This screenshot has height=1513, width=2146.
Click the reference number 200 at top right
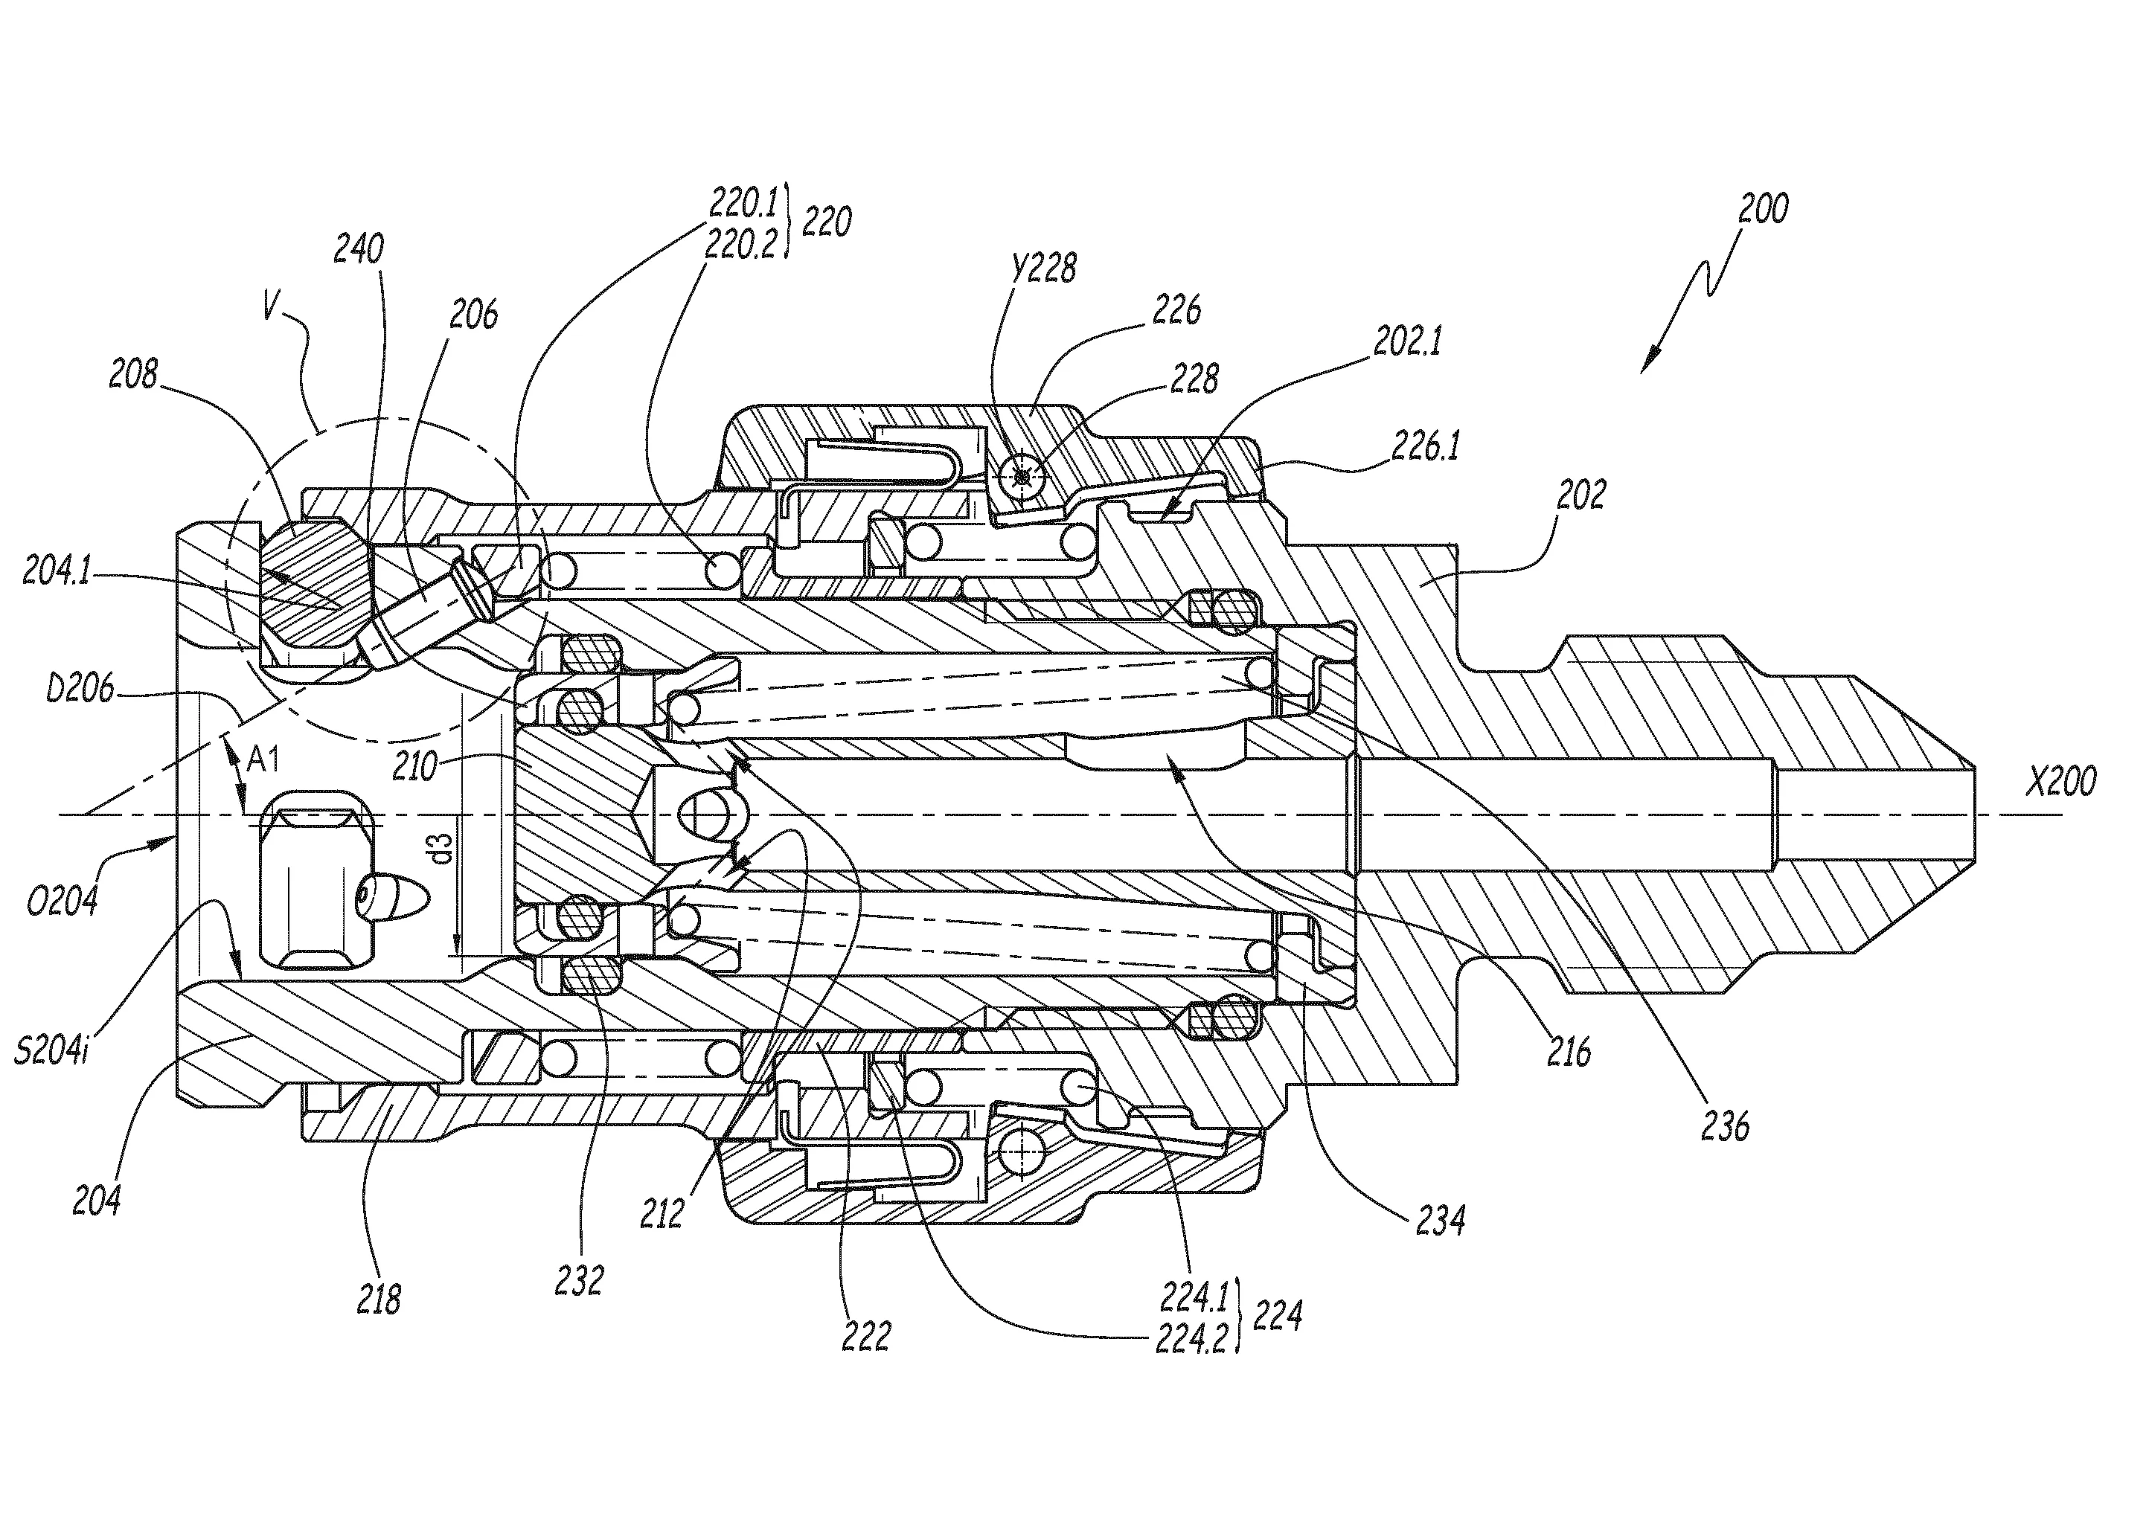click(1763, 209)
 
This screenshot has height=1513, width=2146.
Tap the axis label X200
click(2061, 781)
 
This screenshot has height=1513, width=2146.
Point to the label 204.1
click(56, 572)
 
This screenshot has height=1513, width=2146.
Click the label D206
click(80, 690)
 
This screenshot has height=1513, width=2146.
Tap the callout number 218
click(379, 1299)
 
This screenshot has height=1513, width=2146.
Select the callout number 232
click(579, 1280)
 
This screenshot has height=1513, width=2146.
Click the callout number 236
click(1725, 1127)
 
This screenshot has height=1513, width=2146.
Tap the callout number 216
click(1569, 1053)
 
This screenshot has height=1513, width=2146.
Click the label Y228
click(1043, 269)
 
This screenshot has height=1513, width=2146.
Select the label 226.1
click(1426, 447)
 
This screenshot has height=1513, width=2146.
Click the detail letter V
click(271, 307)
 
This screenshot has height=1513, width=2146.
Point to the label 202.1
click(1406, 342)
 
